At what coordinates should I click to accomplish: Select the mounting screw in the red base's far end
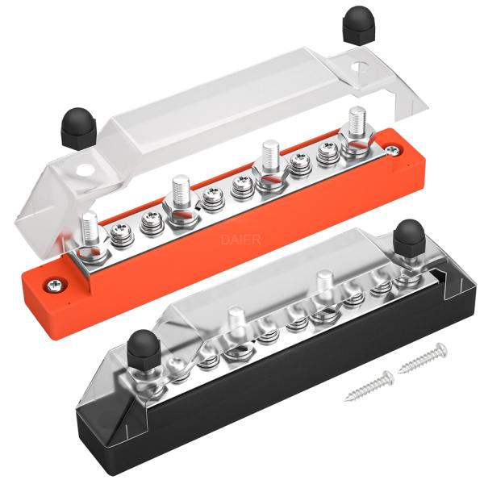(x=392, y=149)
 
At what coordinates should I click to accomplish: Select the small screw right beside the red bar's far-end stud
(x=328, y=151)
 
